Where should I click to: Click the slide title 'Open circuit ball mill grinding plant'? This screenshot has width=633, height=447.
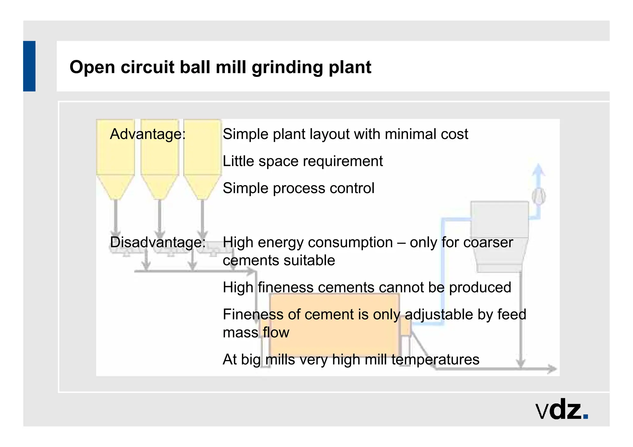pos(220,67)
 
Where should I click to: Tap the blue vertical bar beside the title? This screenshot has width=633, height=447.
pos(29,66)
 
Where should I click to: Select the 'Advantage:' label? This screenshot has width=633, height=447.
pos(148,134)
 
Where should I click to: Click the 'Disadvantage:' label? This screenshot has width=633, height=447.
pos(158,242)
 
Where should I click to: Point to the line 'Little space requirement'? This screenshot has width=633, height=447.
pos(303,161)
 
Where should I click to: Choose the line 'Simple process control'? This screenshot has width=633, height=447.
pos(298,188)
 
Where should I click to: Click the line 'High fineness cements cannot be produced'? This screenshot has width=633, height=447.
pos(367,287)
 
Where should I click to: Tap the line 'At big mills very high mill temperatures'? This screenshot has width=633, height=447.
pos(351,360)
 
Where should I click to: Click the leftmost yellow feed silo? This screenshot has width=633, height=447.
pos(115,154)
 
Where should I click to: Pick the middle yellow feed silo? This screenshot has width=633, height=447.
pos(159,154)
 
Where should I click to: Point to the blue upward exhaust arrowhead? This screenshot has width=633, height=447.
pos(538,170)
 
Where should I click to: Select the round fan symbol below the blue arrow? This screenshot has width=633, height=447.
pos(539,196)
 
